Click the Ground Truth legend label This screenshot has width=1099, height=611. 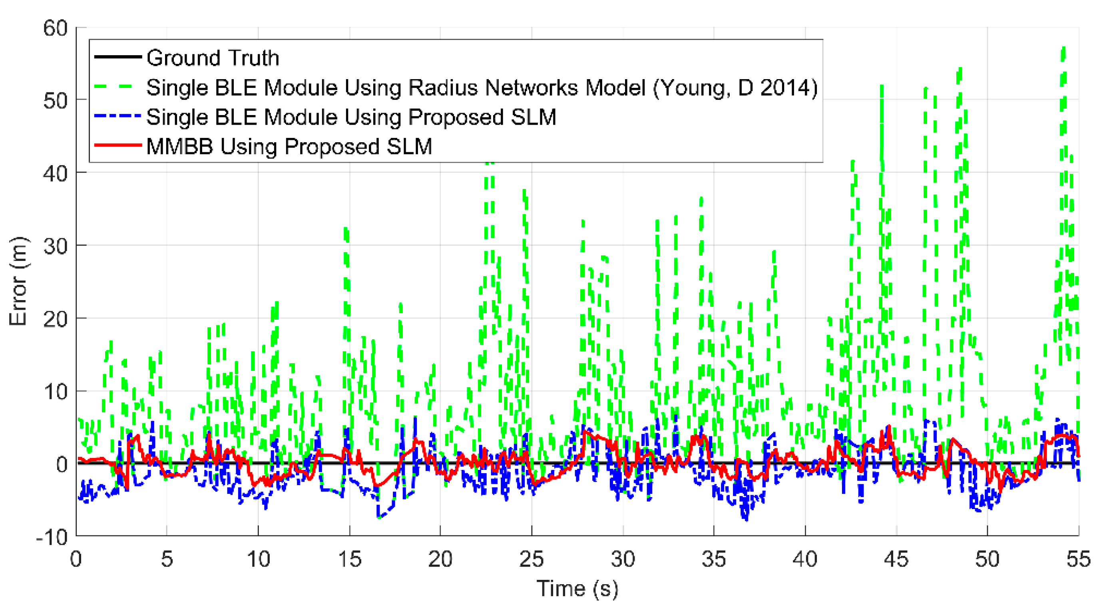[x=213, y=58]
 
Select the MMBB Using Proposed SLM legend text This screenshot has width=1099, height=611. [x=289, y=146]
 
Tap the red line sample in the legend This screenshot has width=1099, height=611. [x=117, y=145]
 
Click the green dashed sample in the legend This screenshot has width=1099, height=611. [x=117, y=87]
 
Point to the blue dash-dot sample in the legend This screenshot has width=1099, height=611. [x=117, y=116]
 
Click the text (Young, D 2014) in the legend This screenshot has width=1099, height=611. [x=735, y=88]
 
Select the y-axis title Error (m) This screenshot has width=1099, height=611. [x=18, y=281]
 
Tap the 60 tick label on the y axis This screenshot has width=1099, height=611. [x=56, y=29]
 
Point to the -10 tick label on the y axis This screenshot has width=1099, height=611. [x=52, y=537]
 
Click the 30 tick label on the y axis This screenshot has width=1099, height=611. [x=56, y=246]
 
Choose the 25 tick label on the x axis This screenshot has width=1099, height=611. [x=531, y=559]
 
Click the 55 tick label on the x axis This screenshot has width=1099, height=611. [x=1078, y=559]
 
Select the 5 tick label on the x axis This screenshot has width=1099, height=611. [x=166, y=559]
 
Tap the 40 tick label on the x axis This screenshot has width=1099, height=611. [x=804, y=559]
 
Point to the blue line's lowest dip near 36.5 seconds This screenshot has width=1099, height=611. [x=746, y=519]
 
